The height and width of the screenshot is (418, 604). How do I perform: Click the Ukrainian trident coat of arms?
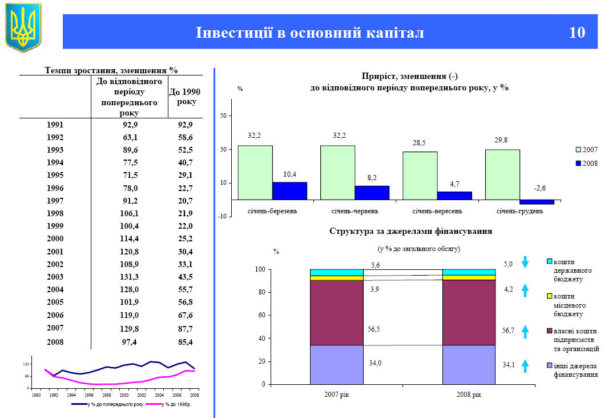tap(23, 27)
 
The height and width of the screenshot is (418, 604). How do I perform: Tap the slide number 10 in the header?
tap(577, 33)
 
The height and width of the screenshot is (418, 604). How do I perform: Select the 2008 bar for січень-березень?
tap(289, 191)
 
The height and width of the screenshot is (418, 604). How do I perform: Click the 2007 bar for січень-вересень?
tap(420, 176)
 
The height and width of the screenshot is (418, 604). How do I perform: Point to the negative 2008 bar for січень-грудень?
tap(537, 202)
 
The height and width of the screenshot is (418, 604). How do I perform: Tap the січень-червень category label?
tap(355, 212)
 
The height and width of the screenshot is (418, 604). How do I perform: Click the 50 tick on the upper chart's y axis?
tap(223, 116)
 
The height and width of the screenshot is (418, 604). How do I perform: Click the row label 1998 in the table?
tap(55, 213)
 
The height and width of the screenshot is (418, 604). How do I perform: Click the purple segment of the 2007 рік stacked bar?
tap(337, 313)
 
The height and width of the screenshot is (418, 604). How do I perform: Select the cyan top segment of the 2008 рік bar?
tap(469, 272)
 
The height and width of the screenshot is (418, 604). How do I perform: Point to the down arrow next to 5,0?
tap(526, 264)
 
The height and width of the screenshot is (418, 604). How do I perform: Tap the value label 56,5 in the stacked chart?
tap(375, 329)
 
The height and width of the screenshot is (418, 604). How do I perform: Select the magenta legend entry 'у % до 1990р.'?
tap(171, 404)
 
